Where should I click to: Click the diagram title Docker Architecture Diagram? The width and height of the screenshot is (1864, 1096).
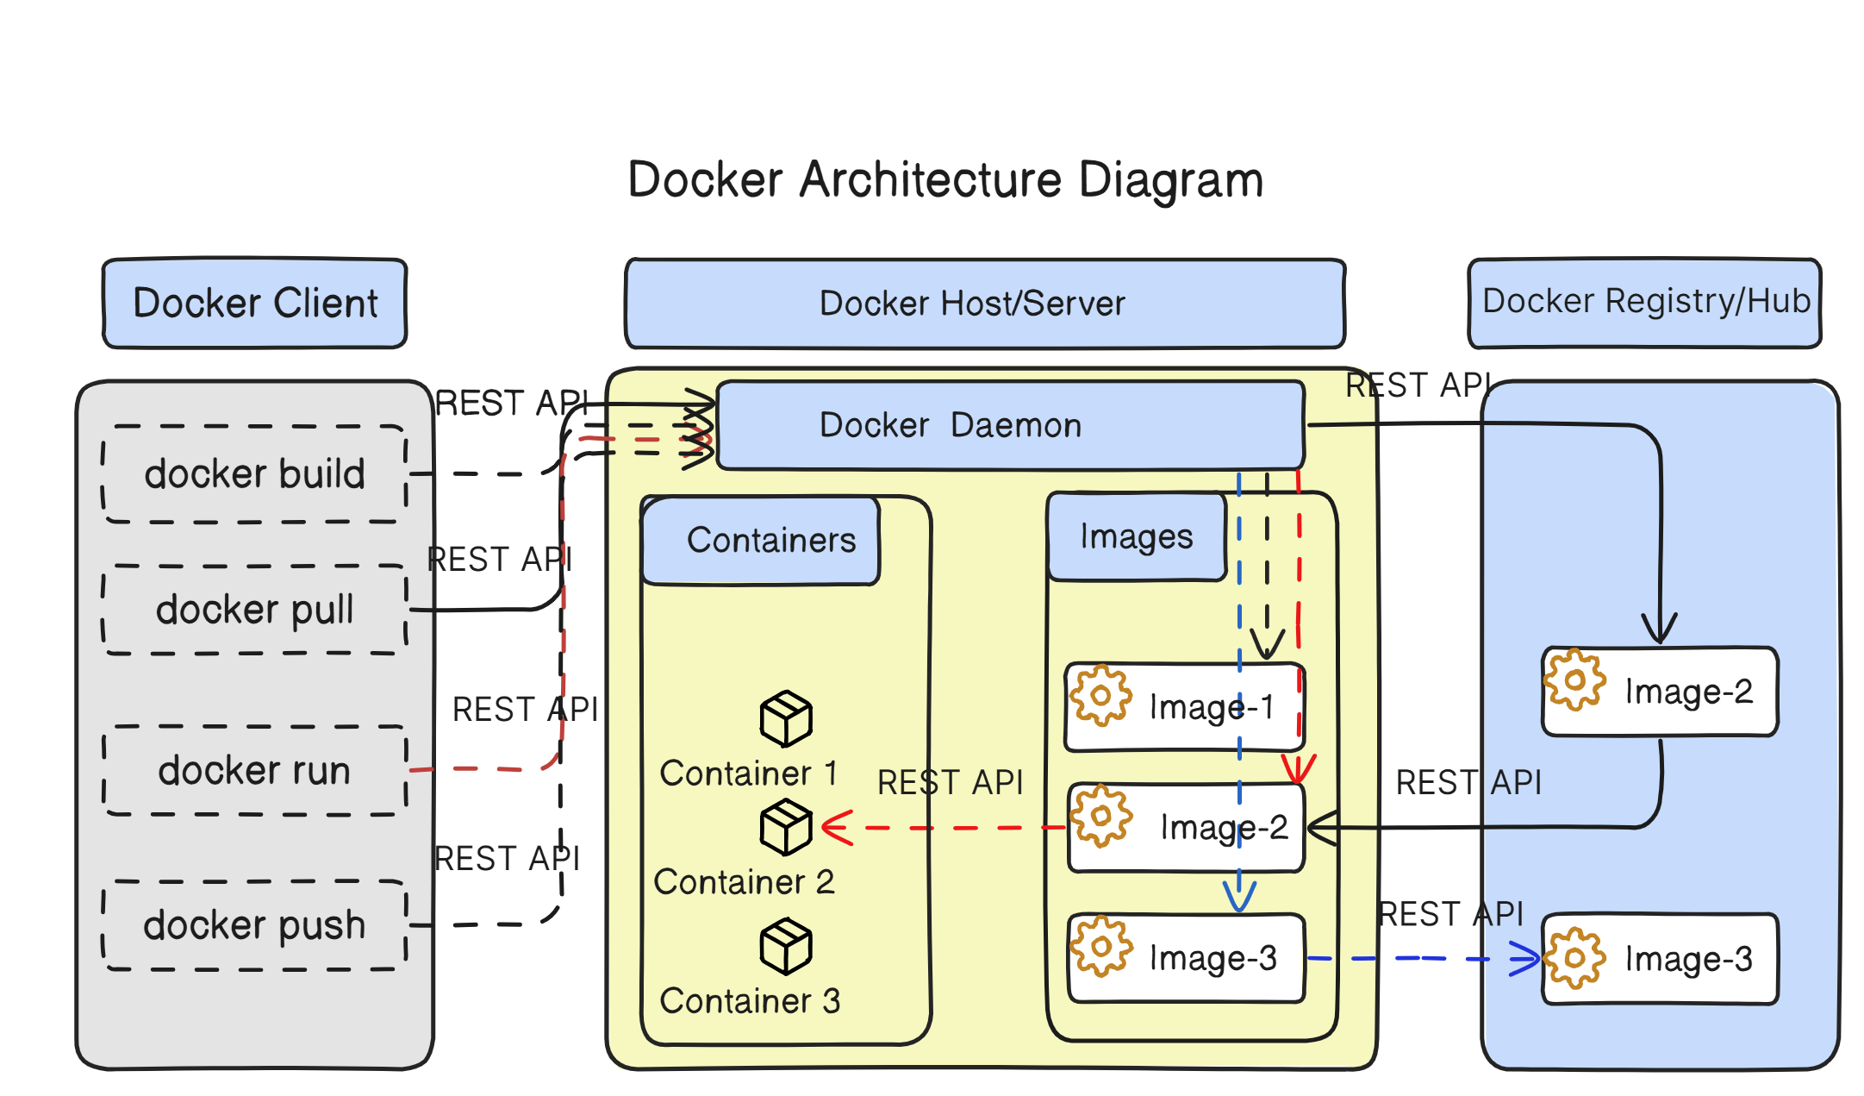(945, 179)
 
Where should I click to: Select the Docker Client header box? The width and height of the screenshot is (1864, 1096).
(255, 304)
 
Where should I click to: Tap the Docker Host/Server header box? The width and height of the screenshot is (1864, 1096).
(984, 304)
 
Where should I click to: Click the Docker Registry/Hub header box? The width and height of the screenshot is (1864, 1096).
(1644, 302)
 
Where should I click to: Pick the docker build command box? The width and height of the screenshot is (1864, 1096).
(254, 474)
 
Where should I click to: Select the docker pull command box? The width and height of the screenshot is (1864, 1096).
(254, 610)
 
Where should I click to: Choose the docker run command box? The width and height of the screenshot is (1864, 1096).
(254, 770)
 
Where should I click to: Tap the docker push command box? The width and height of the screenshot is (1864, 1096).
(254, 925)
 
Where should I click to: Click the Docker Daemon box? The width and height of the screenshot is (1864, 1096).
(1008, 425)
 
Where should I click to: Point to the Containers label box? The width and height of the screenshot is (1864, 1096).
(762, 541)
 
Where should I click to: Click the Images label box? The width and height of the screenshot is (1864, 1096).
(1136, 536)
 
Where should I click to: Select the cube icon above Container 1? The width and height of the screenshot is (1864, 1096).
(785, 718)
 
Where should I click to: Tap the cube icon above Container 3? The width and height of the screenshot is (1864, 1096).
(785, 946)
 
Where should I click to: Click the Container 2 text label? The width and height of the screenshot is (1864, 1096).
(744, 882)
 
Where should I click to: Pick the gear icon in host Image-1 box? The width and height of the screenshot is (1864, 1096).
(1100, 695)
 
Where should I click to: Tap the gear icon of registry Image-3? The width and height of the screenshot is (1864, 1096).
(1574, 957)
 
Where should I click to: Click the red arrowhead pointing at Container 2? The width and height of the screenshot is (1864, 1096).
(836, 828)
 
